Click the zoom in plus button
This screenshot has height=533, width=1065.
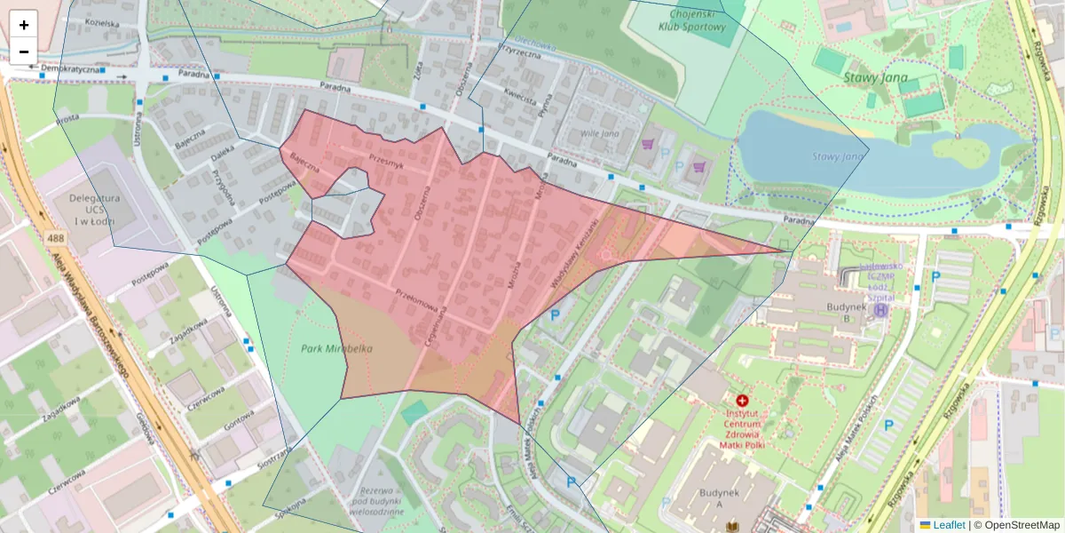coord(23,25)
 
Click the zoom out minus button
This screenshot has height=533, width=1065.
coord(23,52)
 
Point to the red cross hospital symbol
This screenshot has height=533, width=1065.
coord(742,402)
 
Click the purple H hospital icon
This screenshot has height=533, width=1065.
coord(880,311)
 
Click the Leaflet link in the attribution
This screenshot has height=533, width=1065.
coord(948,525)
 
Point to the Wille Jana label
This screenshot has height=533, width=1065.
coord(599,133)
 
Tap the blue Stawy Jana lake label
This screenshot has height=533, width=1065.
coord(839,157)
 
